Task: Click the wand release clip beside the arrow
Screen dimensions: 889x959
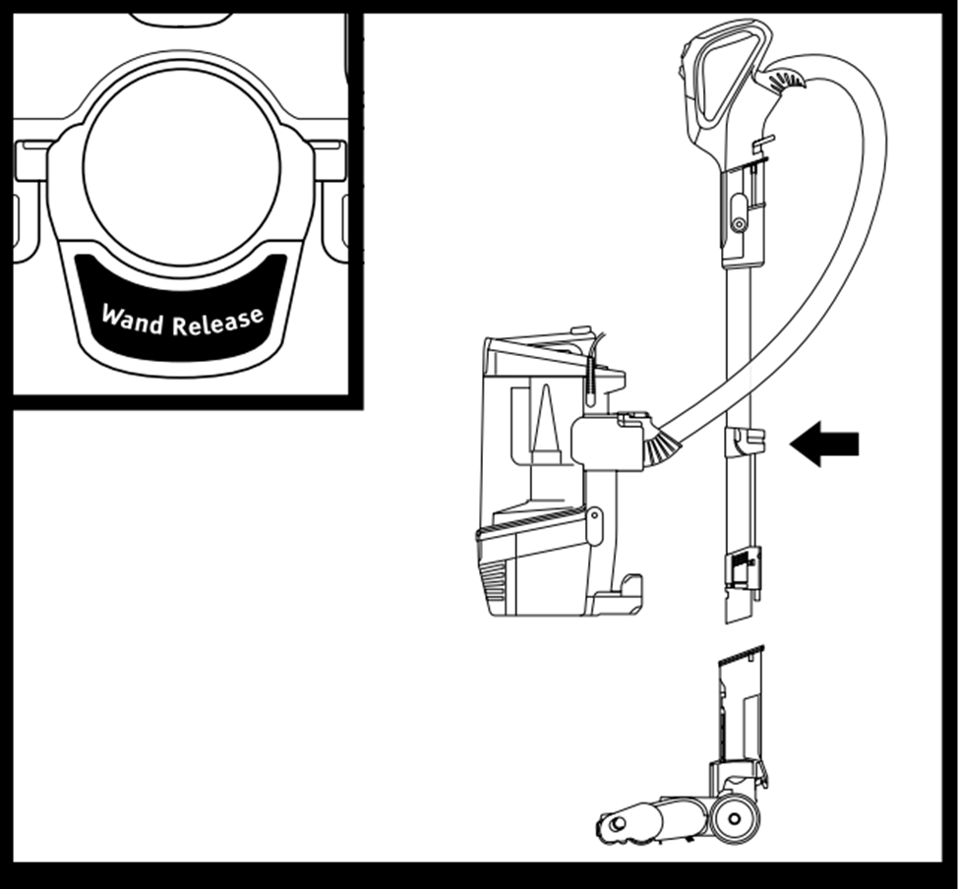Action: (x=744, y=442)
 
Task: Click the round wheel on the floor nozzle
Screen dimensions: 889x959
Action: (x=734, y=816)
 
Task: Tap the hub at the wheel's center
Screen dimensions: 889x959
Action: (x=734, y=817)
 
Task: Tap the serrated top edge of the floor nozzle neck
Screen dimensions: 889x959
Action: (x=741, y=653)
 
